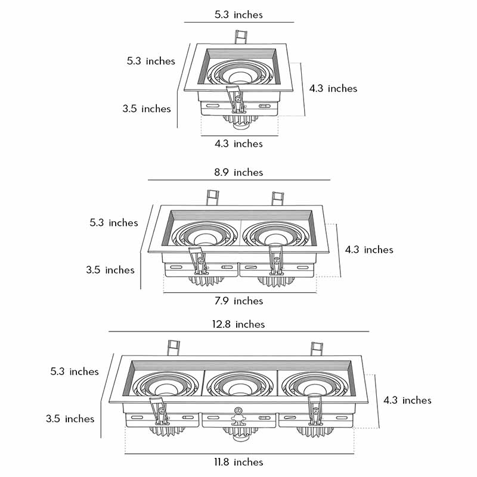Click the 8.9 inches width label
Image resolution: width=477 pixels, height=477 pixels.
coord(238,172)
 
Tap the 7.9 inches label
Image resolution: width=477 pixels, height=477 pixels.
coord(238,301)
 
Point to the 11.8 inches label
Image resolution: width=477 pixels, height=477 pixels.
coord(238,462)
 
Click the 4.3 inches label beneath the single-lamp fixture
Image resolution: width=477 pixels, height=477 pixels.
coord(238,144)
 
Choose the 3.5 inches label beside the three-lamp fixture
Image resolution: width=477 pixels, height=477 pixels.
coord(70,419)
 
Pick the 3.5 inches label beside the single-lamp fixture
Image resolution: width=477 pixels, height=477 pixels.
coord(147,109)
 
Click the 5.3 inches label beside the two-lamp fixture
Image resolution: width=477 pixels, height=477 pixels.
coord(113,222)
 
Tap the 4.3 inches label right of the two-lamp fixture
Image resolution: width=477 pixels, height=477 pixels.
coord(369,249)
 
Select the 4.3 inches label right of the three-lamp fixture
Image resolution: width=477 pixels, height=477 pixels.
coord(407,400)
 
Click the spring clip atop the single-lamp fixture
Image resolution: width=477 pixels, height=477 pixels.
coord(241,38)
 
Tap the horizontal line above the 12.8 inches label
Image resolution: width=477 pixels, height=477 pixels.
coord(238,332)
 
